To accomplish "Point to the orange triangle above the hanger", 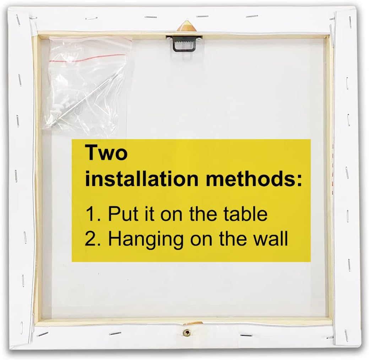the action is point(186,26).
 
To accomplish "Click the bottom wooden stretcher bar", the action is point(184,322).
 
